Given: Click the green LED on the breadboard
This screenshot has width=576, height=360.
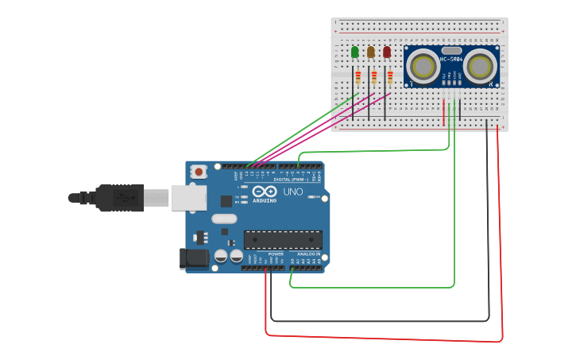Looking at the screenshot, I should coord(354,52).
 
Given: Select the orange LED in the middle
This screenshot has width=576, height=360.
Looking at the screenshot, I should coord(370,52).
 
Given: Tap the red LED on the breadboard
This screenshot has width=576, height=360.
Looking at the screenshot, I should coord(387,52).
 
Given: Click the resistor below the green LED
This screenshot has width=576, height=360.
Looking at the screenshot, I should coord(358,77).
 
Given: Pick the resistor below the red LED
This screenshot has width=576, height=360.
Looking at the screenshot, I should coord(390,77).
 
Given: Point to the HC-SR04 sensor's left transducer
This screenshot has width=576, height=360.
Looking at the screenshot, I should coord(422,67).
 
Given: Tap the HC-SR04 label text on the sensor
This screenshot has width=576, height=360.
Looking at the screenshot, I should coord(451,60).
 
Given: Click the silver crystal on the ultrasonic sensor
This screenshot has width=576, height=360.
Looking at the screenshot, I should coord(451,50).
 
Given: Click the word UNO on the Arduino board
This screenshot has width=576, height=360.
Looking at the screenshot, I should coord(293,192).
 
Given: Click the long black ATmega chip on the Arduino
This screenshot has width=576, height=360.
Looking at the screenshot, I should coord(283,239).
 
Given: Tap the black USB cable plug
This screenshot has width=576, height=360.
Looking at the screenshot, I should coord(119,198).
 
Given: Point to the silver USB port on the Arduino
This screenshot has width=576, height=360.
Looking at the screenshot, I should coord(188,197).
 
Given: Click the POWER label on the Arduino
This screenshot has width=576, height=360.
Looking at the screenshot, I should coord(276,254).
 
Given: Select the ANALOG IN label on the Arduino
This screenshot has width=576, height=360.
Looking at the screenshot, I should coord(309,254).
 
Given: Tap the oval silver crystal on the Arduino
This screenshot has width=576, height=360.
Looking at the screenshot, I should coord(224,219).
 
